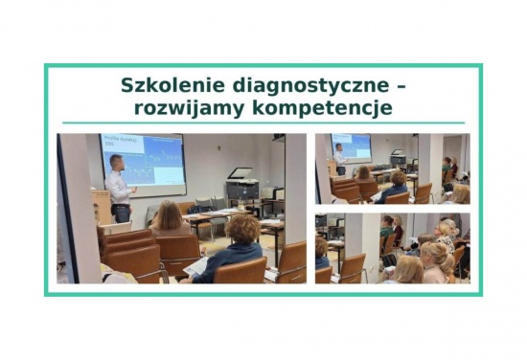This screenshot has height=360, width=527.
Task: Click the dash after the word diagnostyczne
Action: [401, 85]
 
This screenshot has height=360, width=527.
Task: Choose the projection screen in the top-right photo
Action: [352, 146]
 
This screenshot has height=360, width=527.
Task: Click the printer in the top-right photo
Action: [398, 157]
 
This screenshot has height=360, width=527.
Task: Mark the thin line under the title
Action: [263, 123]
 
